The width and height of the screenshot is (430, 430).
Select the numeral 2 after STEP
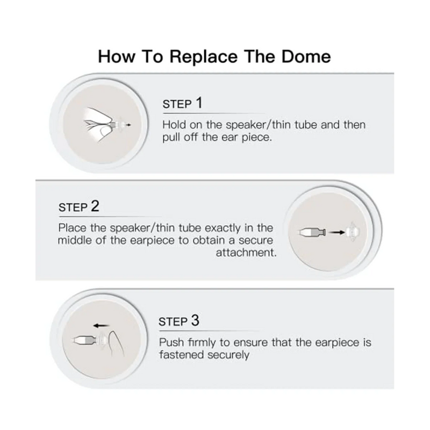point(95,206)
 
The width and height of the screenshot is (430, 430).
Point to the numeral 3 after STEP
point(195,321)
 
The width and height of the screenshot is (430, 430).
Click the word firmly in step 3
point(202,342)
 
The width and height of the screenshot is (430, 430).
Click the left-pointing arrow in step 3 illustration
point(100,325)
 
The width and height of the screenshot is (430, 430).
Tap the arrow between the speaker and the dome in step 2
point(336,232)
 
